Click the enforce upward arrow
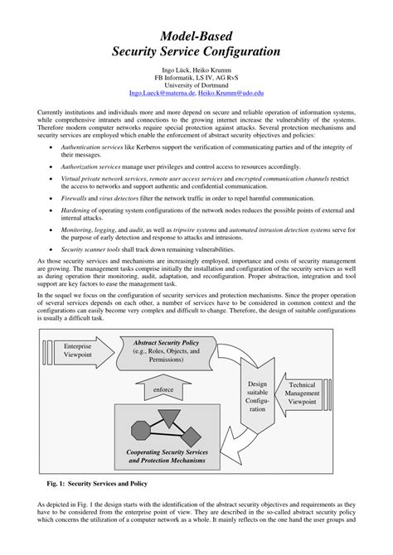(x=163, y=388)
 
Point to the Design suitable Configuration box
(x=260, y=397)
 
